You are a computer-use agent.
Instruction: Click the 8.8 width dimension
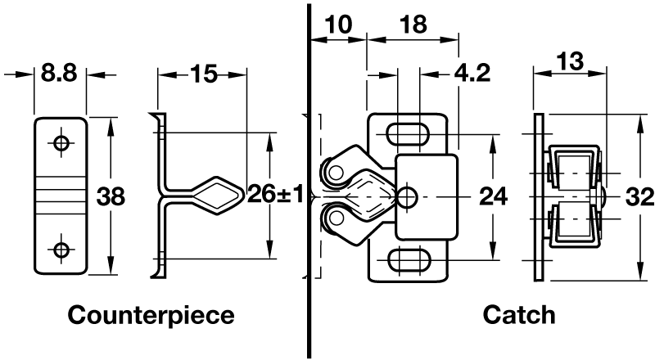click(58, 74)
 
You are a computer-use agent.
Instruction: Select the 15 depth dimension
click(202, 74)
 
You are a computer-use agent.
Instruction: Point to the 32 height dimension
click(638, 196)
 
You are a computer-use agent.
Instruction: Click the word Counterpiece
click(151, 315)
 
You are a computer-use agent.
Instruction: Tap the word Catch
click(519, 315)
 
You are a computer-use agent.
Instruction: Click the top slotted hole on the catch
click(408, 133)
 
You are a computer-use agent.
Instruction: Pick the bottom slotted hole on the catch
click(408, 260)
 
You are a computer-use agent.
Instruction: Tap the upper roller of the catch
click(336, 171)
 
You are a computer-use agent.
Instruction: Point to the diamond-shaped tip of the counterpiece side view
click(216, 196)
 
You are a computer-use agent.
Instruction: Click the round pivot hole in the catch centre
click(406, 196)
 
